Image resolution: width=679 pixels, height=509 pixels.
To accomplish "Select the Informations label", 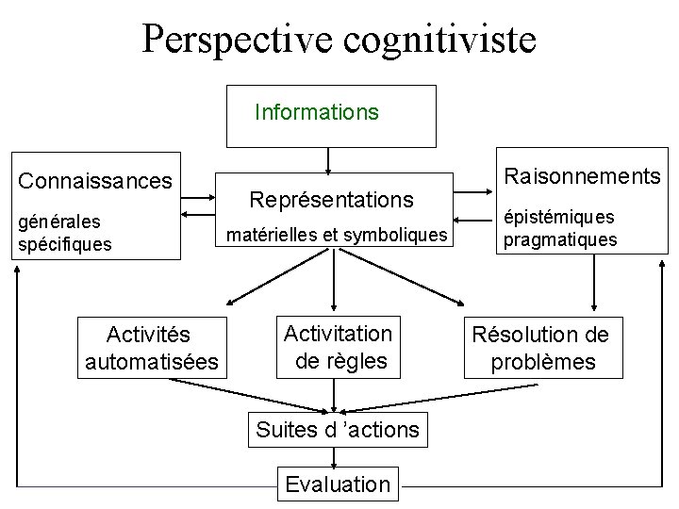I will [317, 113].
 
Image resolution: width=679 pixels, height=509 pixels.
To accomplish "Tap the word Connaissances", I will [95, 179].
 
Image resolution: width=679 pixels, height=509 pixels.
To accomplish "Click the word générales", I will [60, 223].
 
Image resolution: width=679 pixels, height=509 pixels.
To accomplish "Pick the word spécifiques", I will [64, 244].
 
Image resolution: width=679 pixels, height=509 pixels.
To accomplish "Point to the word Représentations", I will [331, 200].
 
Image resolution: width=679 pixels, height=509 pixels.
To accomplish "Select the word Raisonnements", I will [582, 175].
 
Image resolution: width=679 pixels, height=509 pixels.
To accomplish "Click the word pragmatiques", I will [560, 239].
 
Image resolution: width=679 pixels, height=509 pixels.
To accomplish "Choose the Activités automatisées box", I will [151, 348].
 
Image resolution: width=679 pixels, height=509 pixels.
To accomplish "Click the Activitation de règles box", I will [338, 346].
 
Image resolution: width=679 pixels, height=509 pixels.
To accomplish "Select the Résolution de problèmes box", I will [541, 348].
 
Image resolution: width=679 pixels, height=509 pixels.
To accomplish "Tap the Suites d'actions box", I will [337, 430].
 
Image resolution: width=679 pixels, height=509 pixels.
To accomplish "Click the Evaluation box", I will [337, 484].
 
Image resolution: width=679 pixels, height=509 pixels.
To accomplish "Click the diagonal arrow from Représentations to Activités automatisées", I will [264, 284].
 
